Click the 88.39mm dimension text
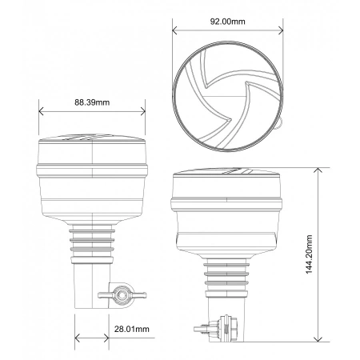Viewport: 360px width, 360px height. (x=92, y=102)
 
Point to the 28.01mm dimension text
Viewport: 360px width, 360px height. (x=130, y=330)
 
